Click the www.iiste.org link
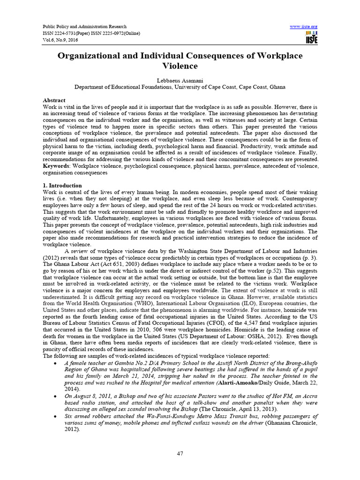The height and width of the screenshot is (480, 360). click(x=304, y=26)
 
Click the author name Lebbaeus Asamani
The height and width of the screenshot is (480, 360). click(x=180, y=80)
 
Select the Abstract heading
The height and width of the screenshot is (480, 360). click(x=54, y=101)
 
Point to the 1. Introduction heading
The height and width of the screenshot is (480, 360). click(x=62, y=186)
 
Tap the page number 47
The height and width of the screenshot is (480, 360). click(x=180, y=453)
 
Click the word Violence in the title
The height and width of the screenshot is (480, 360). click(x=180, y=67)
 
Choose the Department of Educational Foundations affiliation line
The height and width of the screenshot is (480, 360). click(x=180, y=87)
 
